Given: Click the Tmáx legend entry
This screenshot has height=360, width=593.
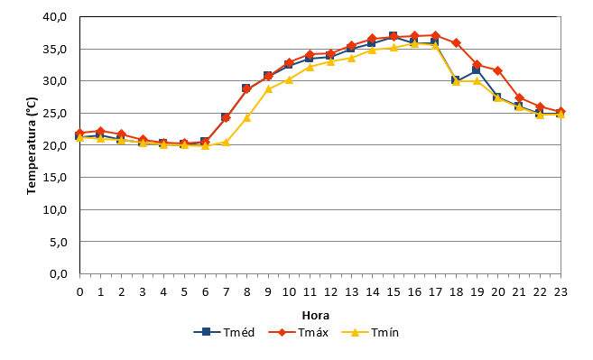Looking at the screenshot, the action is tap(299, 332).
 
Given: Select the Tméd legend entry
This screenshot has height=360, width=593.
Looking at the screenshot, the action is tap(224, 332).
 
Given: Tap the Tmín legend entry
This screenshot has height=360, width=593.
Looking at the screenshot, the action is tap(370, 332).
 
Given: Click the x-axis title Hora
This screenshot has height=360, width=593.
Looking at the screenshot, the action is tap(316, 316).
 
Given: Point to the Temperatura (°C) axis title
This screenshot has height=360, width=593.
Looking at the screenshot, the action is tap(32, 146).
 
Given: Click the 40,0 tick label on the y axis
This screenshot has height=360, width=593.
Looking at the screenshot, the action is tap(55, 17).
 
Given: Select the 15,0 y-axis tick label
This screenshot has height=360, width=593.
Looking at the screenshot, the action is tap(55, 178).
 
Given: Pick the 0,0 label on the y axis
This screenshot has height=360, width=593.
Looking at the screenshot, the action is tap(59, 273).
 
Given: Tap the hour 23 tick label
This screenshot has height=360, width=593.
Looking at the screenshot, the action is tap(561, 292).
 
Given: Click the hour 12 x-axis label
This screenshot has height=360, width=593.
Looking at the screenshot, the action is tap(330, 292).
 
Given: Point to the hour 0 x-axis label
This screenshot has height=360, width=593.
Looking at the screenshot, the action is tap(79, 292).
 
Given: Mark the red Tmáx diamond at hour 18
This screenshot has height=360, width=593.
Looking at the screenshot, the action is tap(456, 42).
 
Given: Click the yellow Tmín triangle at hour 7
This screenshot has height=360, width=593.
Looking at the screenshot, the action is tap(227, 143).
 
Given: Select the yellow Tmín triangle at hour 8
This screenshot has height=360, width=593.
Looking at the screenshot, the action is tap(247, 117).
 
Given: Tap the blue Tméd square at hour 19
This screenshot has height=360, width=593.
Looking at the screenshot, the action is tap(477, 70).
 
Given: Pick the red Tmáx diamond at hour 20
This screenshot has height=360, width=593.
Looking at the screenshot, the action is tap(497, 70).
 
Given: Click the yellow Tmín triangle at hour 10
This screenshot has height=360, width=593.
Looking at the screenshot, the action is tap(289, 79).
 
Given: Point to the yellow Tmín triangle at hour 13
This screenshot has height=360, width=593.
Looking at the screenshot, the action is tap(352, 58).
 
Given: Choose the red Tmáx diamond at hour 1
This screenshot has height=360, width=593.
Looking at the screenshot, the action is tap(100, 131).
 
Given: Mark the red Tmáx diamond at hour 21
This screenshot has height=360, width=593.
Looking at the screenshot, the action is tap(519, 98).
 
